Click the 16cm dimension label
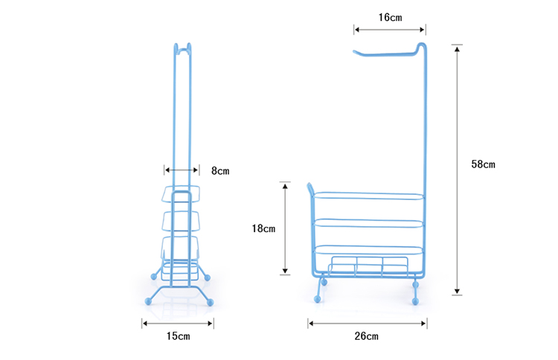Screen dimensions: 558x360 pos(390,17)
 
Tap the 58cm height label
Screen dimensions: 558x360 pos(483,164)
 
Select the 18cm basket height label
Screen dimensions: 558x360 pos(263,228)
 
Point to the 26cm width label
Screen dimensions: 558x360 pos(366,336)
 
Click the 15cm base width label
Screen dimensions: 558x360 pos(178,336)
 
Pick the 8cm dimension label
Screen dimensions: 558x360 pos(220,171)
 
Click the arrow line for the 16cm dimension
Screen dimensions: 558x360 pos(390,30)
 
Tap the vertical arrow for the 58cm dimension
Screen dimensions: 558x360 pos(457,170)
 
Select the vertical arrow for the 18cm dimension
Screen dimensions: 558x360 pos(285,228)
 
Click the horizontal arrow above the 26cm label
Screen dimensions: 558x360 pos(368,324)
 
